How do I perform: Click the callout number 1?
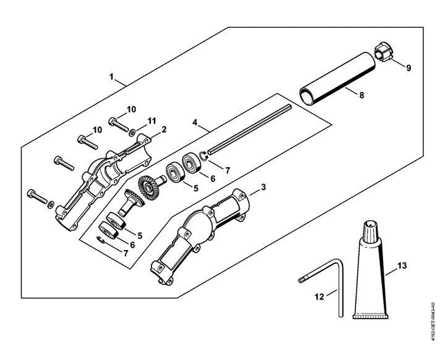[x=111, y=77]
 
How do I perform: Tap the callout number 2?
[x=164, y=130]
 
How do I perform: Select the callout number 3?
[x=263, y=187]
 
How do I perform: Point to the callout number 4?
[x=195, y=123]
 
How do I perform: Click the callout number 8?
[x=362, y=95]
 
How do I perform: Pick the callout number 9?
[x=409, y=68]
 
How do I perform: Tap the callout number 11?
[x=152, y=121]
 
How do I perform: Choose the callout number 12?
[x=320, y=297]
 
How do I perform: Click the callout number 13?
[x=402, y=266]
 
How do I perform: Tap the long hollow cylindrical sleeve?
[x=337, y=79]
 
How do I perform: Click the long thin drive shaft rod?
[x=250, y=129]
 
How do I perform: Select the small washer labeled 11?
[x=132, y=132]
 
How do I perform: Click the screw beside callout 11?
[x=117, y=124]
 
